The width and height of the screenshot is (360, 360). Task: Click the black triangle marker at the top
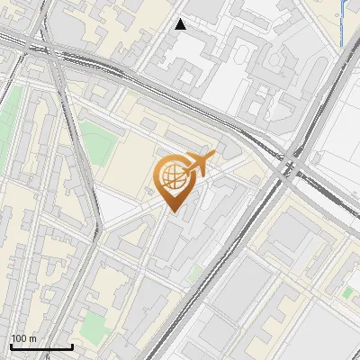(181, 24)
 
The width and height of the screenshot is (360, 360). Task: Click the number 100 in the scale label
(19, 339)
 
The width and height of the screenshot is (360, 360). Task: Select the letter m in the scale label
(32, 339)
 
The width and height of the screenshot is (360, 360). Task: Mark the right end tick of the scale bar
(72, 346)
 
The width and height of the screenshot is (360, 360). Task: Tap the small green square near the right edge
(347, 292)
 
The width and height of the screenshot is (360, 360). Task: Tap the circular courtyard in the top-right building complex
(243, 54)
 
